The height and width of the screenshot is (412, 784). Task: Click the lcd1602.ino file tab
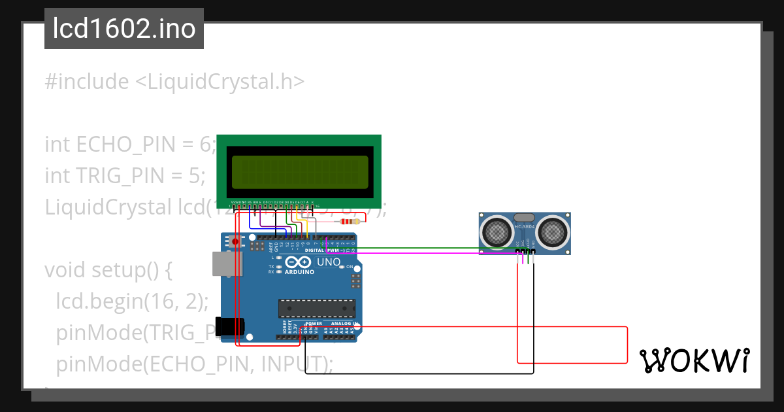coord(123,29)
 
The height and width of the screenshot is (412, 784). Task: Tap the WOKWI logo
coord(694,360)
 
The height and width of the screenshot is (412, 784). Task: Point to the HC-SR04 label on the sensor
coord(525,227)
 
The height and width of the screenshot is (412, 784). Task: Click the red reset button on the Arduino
coord(235,242)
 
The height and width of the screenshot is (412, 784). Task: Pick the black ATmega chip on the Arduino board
coord(317,309)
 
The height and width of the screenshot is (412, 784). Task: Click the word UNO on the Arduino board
coord(329,262)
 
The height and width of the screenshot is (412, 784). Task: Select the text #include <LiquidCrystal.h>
coord(174,82)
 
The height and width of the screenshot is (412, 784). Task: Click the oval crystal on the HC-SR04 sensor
coord(525,216)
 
